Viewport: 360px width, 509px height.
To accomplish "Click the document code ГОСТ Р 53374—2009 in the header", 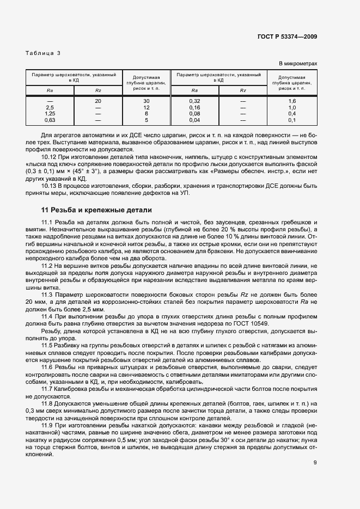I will pyautogui.click(x=286, y=37).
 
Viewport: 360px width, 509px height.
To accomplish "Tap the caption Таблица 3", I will pyautogui.click(x=43, y=53).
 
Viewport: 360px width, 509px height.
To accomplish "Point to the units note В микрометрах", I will pyautogui.click(x=298, y=64).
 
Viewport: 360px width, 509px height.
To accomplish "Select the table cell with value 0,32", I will pyautogui.click(x=194, y=101).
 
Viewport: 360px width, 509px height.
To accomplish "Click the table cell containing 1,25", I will pyautogui.click(x=50, y=113).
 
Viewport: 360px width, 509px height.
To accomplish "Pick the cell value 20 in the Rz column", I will pyautogui.click(x=98, y=101).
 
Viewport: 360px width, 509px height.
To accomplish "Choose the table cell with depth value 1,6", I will pyautogui.click(x=291, y=101).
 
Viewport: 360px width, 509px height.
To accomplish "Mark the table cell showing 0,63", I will pyautogui.click(x=50, y=119).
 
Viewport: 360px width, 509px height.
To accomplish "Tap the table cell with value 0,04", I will pyautogui.click(x=194, y=119).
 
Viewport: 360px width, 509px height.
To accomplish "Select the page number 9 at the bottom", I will pyautogui.click(x=315, y=447).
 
